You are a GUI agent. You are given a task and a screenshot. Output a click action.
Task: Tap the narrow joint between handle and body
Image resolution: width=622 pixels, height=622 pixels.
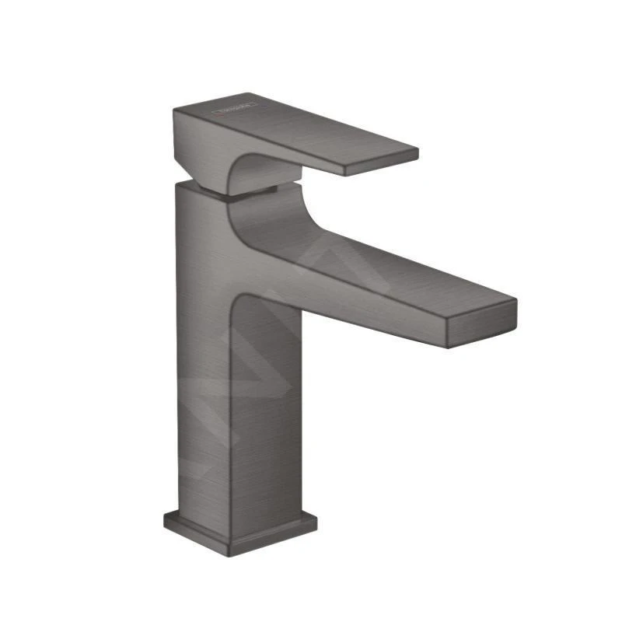(x=249, y=191)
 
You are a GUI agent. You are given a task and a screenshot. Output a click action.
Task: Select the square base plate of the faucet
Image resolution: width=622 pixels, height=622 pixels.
(x=241, y=525)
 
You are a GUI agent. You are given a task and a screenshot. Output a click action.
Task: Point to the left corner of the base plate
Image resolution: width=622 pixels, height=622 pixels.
(x=165, y=515)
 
